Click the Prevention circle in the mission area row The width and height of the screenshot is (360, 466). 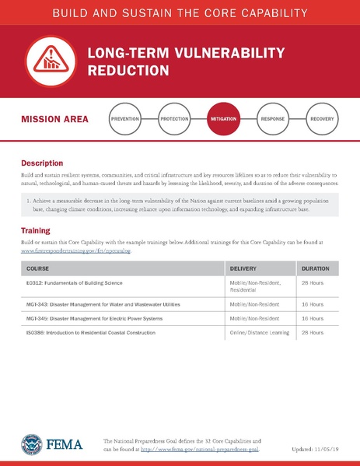[125, 120]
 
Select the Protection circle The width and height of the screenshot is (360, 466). [175, 120]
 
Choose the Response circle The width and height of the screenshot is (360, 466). [272, 120]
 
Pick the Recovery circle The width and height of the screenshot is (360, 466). [322, 120]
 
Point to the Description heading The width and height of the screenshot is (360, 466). [42, 163]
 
